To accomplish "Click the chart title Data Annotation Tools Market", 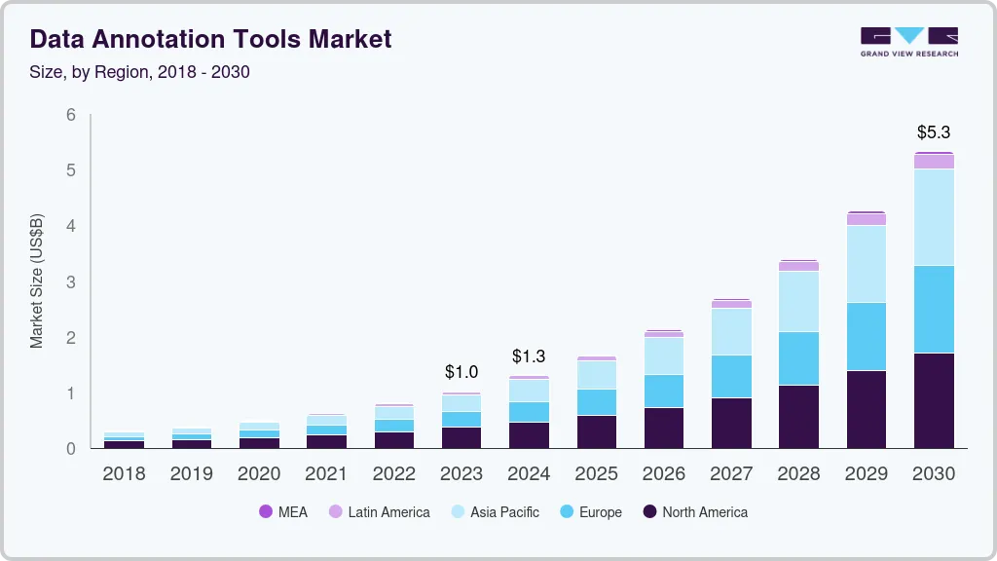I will point(210,39).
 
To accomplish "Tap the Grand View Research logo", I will point(908,42).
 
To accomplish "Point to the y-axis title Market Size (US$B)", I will point(37,280).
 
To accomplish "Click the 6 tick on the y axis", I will point(71,115).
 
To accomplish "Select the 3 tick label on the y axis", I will point(71,282).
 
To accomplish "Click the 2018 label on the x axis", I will point(124,474).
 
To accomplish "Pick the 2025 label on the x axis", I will point(596,474).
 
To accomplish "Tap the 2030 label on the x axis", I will point(934,474).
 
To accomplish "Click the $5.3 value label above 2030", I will point(934,132).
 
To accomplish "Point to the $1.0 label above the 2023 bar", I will point(462,372).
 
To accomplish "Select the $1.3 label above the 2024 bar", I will point(529,355).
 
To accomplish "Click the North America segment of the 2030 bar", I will point(934,400).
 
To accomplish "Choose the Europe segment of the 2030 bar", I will point(934,309).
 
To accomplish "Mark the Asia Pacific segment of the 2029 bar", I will point(866,264).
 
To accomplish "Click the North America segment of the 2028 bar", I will point(798,417).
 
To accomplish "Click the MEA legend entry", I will point(283,512).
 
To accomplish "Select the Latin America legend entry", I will point(379,512).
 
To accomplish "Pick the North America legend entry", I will point(695,512).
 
